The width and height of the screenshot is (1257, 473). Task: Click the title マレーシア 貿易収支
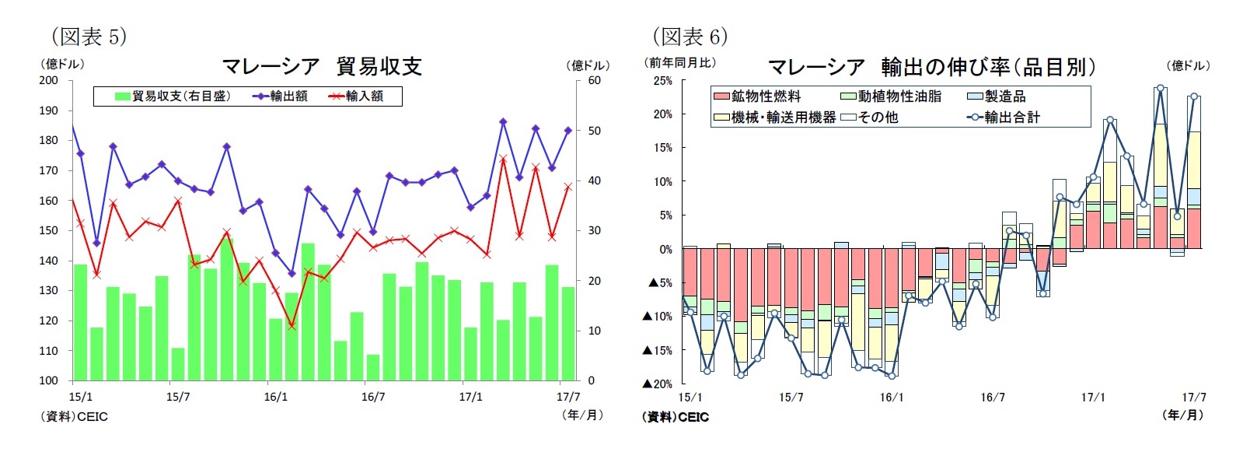(x=322, y=66)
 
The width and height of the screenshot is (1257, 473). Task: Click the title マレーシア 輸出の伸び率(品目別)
(x=932, y=67)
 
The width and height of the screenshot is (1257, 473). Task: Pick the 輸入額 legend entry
(x=357, y=96)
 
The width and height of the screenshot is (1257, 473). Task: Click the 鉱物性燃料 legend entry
(x=758, y=96)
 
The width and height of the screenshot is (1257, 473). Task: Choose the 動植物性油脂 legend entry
(x=892, y=96)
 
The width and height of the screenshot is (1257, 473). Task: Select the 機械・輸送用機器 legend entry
(x=776, y=117)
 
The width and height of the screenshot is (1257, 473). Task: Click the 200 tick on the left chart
(x=48, y=80)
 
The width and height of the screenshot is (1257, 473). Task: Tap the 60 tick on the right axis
(x=594, y=80)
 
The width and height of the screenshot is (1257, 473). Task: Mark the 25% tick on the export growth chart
(x=662, y=81)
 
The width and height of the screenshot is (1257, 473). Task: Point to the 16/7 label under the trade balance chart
(x=373, y=397)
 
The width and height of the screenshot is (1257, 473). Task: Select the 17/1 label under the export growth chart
(x=1093, y=398)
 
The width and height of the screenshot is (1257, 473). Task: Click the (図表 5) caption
(x=89, y=37)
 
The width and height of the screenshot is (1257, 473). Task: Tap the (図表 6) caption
(x=690, y=37)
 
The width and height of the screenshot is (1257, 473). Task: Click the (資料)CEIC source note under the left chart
(x=74, y=417)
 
